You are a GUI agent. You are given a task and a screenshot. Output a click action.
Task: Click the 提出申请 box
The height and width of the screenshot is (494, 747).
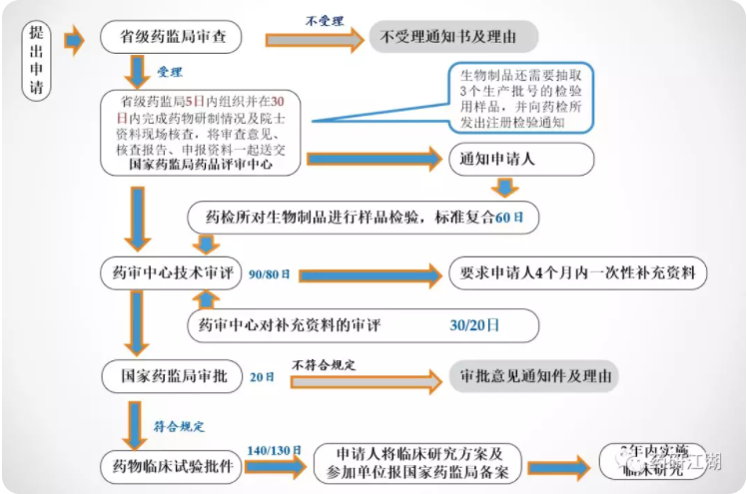38,59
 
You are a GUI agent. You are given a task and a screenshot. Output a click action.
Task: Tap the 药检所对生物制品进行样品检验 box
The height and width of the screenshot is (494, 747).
364,217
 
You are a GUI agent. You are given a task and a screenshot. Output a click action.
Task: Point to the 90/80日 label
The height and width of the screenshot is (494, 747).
269,274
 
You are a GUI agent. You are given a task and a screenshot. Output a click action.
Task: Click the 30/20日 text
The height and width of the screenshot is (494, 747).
474,325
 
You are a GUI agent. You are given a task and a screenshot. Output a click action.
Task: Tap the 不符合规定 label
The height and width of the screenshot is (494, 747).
325,361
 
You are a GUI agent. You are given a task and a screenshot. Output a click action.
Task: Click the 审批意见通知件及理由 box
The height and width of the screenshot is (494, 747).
534,376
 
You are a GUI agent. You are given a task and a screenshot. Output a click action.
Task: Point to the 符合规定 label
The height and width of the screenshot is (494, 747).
179,426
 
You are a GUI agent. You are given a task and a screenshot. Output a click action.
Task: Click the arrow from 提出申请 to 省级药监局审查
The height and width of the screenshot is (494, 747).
73,41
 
